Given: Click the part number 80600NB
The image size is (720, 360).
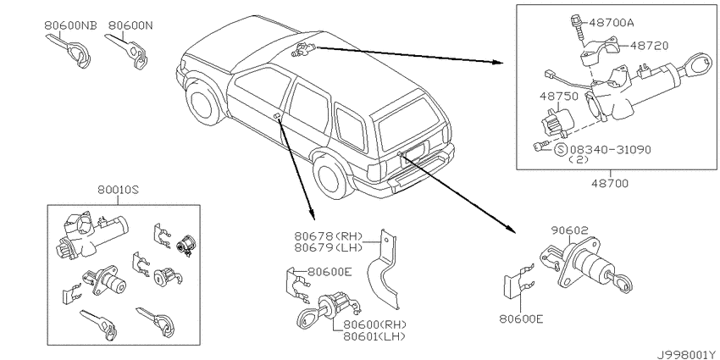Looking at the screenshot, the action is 70,25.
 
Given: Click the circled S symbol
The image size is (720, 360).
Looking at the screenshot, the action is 560,150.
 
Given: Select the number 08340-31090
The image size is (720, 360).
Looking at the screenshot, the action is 610,150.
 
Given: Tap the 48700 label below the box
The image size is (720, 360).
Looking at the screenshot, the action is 609,184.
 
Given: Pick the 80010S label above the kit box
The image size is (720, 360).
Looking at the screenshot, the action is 118,189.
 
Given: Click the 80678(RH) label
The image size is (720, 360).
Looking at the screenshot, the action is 329,236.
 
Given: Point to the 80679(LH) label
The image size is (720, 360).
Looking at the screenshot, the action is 329,247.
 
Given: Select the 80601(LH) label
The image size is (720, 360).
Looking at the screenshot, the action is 374,336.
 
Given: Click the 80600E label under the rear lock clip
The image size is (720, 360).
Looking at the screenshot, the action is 521,318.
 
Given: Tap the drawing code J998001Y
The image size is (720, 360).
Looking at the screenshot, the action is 688,354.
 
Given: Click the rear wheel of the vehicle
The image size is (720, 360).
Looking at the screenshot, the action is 330,176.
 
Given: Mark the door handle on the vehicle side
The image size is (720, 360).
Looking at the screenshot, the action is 277,116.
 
